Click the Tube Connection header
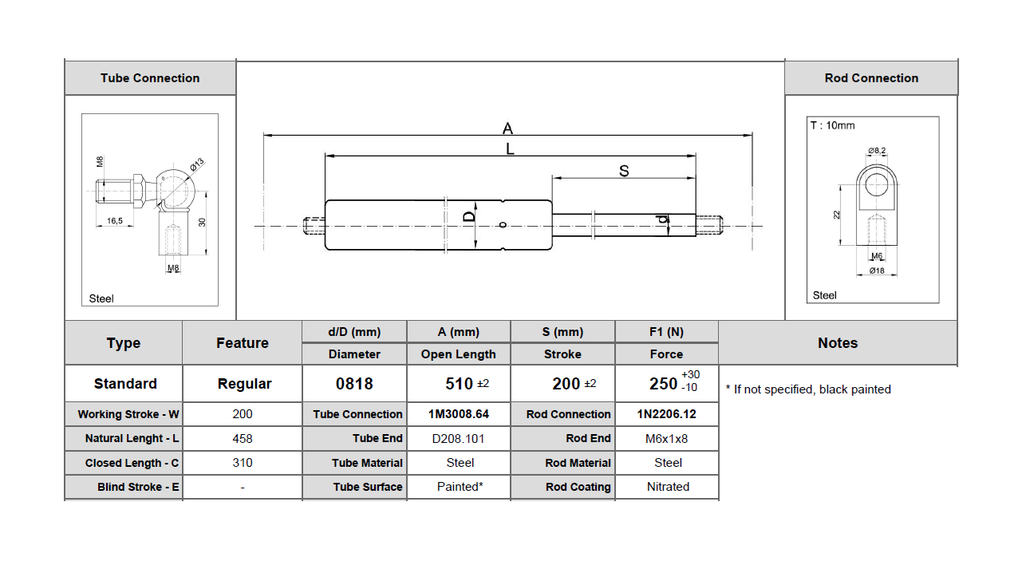(x=150, y=78)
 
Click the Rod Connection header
(x=871, y=78)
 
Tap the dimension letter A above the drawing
(x=507, y=128)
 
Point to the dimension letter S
(x=624, y=171)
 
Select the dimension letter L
(x=510, y=148)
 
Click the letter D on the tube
(x=470, y=216)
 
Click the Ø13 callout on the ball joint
(x=197, y=164)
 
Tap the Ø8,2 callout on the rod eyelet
(x=877, y=150)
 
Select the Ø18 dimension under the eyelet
(x=876, y=271)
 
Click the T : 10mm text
(x=832, y=125)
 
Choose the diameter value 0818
(x=354, y=384)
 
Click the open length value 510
(x=460, y=384)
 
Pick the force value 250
(x=663, y=384)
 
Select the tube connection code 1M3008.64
(x=458, y=414)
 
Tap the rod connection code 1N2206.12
(x=666, y=414)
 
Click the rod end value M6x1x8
(x=666, y=438)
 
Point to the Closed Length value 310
(x=242, y=463)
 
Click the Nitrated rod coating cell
(x=668, y=487)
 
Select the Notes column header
(x=837, y=343)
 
